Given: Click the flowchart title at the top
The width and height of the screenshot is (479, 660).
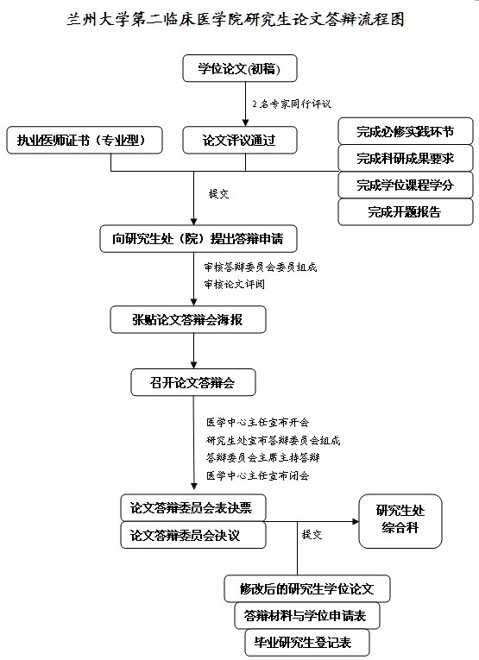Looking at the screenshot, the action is coord(236,20).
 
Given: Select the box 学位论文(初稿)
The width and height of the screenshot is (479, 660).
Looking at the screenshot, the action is coord(240,68).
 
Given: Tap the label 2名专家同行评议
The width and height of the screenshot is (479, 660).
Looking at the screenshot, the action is coord(292,104).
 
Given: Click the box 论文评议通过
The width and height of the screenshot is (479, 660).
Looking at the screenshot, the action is coord(240,140).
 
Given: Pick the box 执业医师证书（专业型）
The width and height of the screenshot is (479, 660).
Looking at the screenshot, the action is coord(85,140).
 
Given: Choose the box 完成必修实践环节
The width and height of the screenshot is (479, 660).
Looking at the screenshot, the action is coord(406,131).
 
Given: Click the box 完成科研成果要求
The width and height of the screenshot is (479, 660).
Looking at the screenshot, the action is coord(406,158).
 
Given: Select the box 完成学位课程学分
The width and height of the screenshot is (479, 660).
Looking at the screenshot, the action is coord(406,185).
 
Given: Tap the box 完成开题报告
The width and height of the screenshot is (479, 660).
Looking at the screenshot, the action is coord(406,211).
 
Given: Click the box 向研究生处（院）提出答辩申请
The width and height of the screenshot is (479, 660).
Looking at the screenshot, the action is coord(199,239).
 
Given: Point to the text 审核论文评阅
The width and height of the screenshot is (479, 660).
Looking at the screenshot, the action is coord(235,284).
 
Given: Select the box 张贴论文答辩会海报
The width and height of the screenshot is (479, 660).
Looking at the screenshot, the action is coord(188,319).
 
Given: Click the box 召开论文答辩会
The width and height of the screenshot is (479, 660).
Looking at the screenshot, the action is coord(193,382).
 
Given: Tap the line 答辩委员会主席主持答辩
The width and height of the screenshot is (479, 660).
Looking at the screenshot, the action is coord(263,457).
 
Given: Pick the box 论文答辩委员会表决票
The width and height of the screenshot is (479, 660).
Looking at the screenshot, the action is coord(192,508).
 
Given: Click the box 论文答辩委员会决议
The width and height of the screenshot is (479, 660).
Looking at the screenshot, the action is coord(192,535).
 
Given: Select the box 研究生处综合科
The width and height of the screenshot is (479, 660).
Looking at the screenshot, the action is coord(400,521).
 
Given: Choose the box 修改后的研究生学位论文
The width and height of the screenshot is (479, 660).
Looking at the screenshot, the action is coord(307,588).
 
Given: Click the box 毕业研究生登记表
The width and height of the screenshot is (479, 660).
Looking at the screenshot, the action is coord(307,643).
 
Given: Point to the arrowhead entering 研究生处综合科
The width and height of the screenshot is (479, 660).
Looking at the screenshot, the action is coord(356,521).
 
